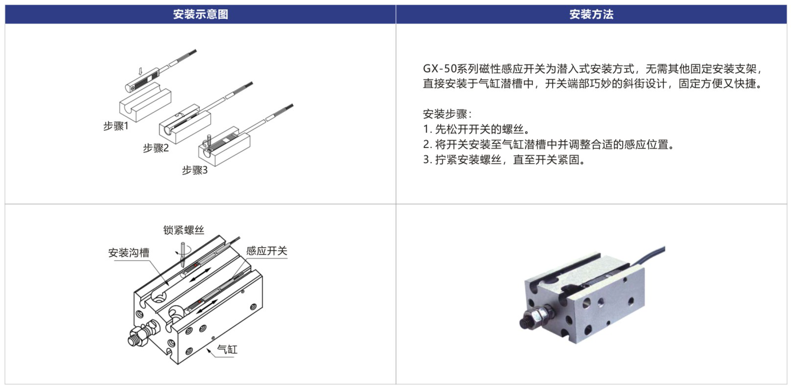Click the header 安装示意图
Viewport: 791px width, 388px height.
tap(200, 14)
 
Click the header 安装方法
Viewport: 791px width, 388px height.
tap(591, 14)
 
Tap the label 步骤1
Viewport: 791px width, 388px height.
tap(116, 126)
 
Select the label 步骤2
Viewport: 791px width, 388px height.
tap(156, 148)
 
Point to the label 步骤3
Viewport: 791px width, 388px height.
tap(195, 170)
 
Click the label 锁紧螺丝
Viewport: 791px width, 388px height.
tap(184, 230)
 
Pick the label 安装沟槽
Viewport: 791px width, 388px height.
tap(129, 253)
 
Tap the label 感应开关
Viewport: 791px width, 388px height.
tap(267, 251)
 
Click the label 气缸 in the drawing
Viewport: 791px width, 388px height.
tap(227, 349)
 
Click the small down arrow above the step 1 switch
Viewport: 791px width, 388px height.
tap(141, 71)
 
